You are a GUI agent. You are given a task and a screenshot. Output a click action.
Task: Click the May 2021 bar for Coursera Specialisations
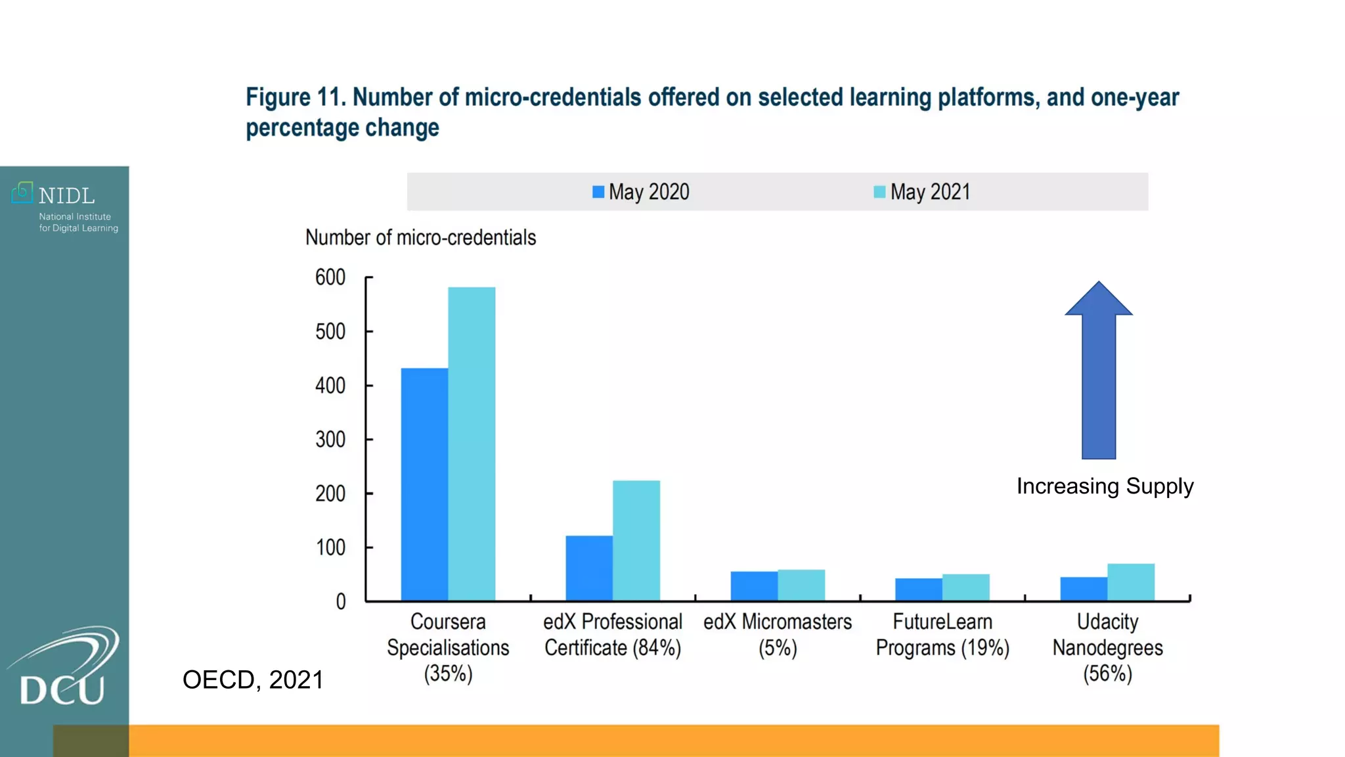[472, 444]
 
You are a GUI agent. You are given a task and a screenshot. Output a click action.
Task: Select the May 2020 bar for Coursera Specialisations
[424, 484]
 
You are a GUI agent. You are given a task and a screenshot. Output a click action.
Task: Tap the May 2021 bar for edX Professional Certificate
[636, 540]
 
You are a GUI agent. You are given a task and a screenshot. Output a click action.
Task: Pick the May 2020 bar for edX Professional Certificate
[589, 568]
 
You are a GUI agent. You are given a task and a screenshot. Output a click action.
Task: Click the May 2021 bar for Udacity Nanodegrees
[1130, 582]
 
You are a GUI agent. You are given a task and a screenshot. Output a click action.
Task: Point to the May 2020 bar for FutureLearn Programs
[918, 589]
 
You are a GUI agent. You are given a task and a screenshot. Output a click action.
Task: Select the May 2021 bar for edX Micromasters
[801, 585]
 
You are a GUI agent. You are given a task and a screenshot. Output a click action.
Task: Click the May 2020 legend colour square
[598, 192]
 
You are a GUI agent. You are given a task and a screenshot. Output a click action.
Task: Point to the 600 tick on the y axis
[330, 277]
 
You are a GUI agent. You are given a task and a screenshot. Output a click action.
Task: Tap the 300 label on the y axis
[330, 439]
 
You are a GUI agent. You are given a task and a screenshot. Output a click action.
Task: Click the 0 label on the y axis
[340, 601]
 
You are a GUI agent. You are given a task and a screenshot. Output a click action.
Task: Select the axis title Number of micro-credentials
[420, 237]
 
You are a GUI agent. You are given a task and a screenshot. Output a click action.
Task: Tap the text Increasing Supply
[1105, 486]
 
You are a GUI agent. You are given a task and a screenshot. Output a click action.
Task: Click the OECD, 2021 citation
[253, 679]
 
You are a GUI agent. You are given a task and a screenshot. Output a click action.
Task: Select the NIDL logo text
[66, 196]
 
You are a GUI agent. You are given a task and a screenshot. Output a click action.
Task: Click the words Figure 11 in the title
[295, 97]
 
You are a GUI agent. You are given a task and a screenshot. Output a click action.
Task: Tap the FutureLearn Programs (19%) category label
[942, 635]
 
